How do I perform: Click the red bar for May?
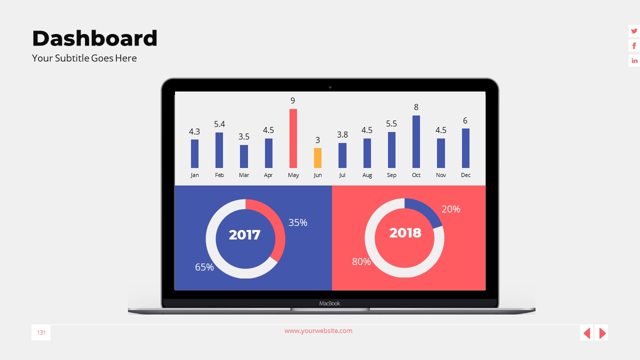[293, 138]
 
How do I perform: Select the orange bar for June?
[317, 158]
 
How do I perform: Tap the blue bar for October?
[416, 142]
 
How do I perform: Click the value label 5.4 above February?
[219, 124]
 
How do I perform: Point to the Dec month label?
[465, 175]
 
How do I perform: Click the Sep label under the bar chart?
[391, 175]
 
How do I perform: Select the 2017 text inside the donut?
[244, 235]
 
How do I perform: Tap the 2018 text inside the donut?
[405, 233]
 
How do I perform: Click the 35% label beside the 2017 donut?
[297, 222]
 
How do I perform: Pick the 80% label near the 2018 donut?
[361, 261]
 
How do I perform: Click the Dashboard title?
[94, 38]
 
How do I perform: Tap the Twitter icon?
[634, 31]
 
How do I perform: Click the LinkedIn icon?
[634, 60]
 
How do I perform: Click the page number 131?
[41, 332]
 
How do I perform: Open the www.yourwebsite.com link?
[318, 330]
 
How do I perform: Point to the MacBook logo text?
[329, 303]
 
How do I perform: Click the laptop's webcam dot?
[330, 87]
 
